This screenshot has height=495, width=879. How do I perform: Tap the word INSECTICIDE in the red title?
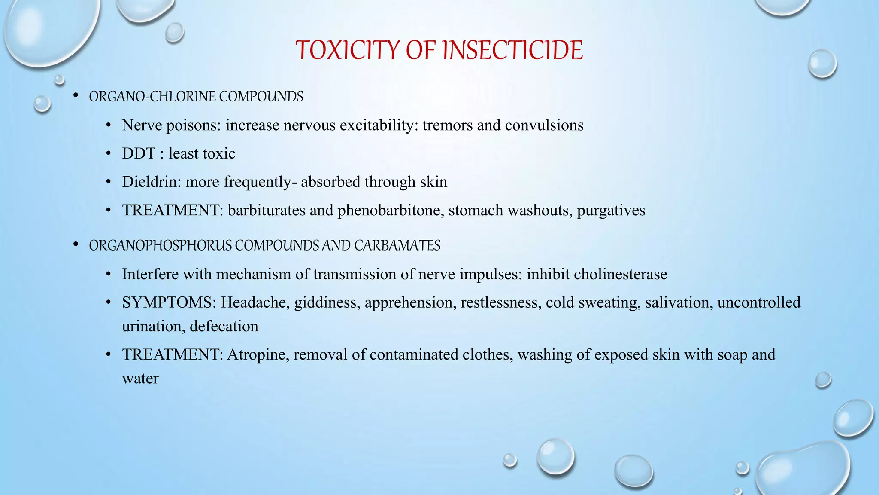click(512, 50)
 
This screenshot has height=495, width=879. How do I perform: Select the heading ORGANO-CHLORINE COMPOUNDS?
click(196, 97)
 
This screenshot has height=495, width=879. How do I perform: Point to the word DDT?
click(138, 153)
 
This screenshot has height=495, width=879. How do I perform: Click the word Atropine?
click(258, 354)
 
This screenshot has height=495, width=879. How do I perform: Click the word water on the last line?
click(140, 379)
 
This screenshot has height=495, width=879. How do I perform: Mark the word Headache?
click(255, 302)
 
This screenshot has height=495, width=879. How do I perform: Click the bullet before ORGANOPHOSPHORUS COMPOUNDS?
click(76, 245)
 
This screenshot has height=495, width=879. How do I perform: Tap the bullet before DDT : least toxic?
click(109, 153)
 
